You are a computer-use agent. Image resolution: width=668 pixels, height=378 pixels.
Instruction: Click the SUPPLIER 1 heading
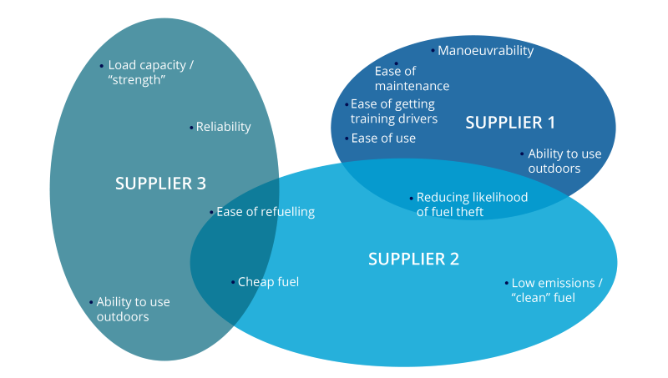(x=509, y=123)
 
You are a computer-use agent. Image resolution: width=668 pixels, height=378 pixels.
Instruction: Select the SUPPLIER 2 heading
(x=413, y=259)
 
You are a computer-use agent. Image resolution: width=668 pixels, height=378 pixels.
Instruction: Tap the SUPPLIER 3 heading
(x=160, y=183)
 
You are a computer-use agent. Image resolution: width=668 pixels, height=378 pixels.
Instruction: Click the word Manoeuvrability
(x=485, y=51)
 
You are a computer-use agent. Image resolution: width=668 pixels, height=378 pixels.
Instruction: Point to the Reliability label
(x=223, y=127)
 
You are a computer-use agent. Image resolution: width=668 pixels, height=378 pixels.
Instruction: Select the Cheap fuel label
(x=268, y=282)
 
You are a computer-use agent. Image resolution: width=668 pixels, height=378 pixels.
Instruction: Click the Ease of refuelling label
(x=266, y=212)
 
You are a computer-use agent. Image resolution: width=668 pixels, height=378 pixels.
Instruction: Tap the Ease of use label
(x=383, y=139)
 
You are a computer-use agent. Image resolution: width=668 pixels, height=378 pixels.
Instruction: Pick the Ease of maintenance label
(x=412, y=78)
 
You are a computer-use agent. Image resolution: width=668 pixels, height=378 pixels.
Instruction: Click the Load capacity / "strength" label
(x=150, y=72)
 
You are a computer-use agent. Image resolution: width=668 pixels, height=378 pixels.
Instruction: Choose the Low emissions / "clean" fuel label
(x=555, y=290)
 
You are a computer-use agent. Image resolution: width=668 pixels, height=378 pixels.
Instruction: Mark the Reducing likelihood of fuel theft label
(x=472, y=204)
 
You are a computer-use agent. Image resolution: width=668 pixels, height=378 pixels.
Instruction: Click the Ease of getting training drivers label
(x=393, y=112)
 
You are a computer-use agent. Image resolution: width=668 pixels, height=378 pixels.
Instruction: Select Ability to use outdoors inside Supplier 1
(x=564, y=161)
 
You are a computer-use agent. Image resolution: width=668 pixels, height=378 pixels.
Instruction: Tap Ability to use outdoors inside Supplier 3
(x=133, y=310)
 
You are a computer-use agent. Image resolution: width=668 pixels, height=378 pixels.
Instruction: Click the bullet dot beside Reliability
(x=192, y=128)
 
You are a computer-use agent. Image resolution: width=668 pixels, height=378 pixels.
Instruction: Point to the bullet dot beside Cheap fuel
(x=233, y=283)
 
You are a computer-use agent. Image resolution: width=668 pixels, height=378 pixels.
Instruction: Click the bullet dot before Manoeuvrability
(x=433, y=51)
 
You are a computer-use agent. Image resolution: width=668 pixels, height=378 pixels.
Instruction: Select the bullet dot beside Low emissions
(x=506, y=283)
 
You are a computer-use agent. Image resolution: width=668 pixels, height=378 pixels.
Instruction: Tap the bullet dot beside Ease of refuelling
(x=211, y=213)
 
